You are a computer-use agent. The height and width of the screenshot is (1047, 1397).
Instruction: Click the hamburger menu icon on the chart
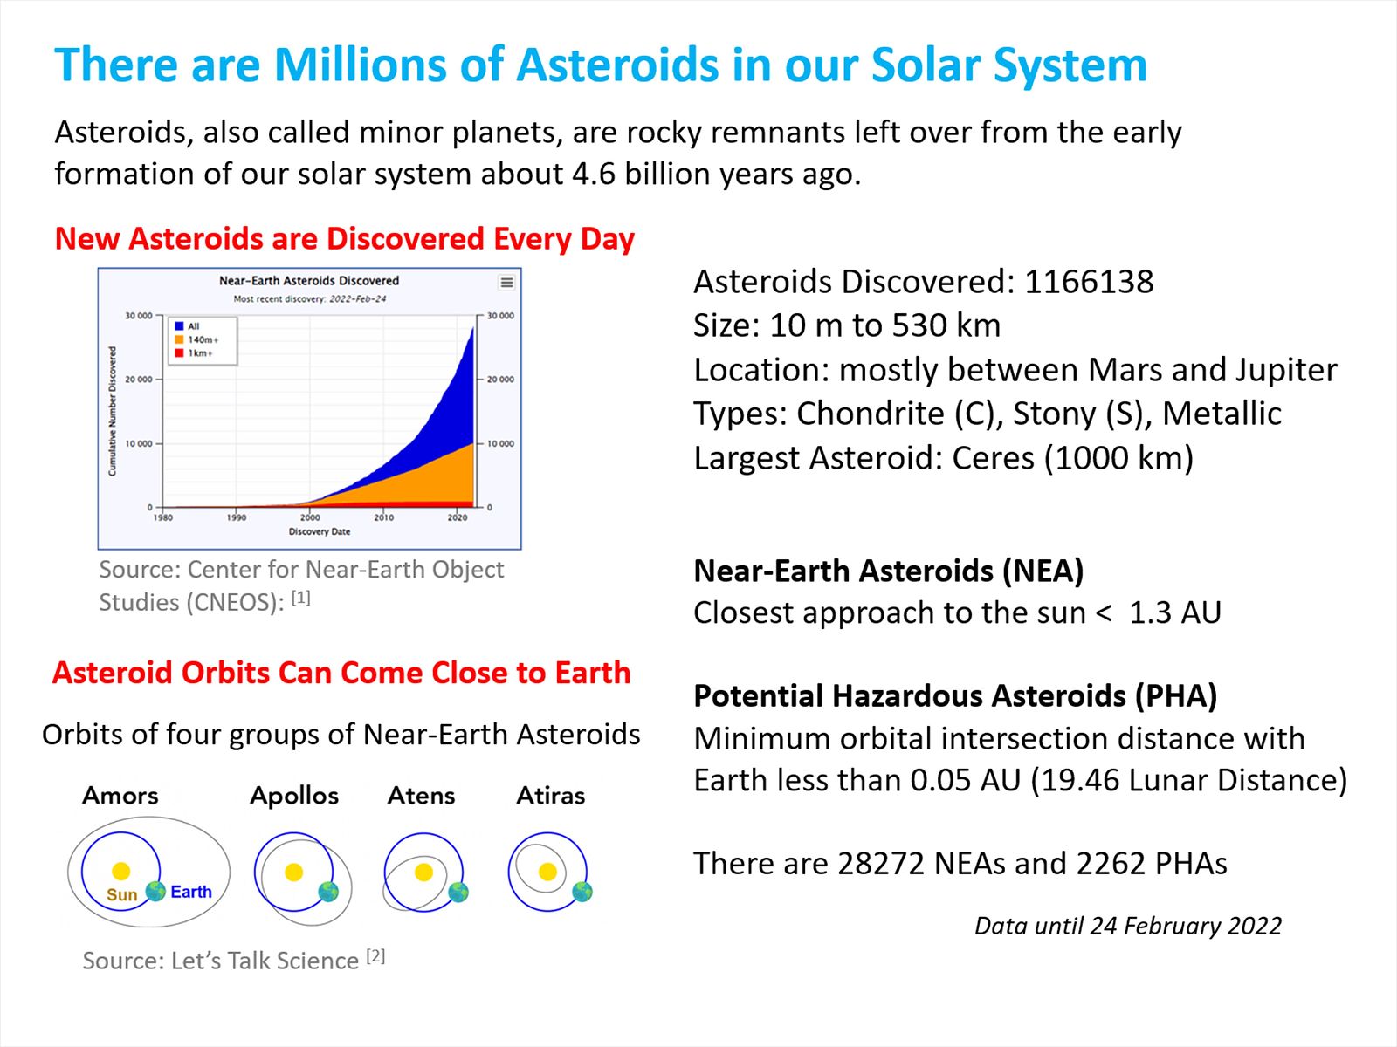pyautogui.click(x=506, y=282)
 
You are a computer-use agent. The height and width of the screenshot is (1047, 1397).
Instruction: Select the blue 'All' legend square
pyautogui.click(x=180, y=326)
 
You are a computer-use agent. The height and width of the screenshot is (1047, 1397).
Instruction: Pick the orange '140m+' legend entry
pyautogui.click(x=196, y=339)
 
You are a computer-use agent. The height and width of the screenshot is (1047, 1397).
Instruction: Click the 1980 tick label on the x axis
pyautogui.click(x=163, y=517)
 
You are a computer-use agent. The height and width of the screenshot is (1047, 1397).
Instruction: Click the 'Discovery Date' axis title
pyautogui.click(x=320, y=531)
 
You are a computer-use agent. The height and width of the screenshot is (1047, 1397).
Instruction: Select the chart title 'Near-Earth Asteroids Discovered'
pyautogui.click(x=309, y=280)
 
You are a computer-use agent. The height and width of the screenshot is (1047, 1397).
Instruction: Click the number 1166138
pyautogui.click(x=1089, y=282)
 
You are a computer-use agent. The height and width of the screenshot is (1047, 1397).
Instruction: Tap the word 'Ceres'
pyautogui.click(x=993, y=458)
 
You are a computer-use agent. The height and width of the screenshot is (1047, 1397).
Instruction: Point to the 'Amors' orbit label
pyautogui.click(x=120, y=795)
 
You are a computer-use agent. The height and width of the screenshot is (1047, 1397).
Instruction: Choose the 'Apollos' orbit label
pyautogui.click(x=294, y=796)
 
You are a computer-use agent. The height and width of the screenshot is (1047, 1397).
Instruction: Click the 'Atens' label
pyautogui.click(x=422, y=795)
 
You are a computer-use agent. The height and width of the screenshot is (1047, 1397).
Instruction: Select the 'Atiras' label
pyautogui.click(x=551, y=795)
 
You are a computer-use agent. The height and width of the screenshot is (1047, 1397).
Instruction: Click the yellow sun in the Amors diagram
pyautogui.click(x=120, y=870)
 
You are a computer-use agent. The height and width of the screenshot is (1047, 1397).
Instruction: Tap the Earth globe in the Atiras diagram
pyautogui.click(x=582, y=892)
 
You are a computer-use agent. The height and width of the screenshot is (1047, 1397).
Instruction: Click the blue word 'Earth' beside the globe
pyautogui.click(x=191, y=892)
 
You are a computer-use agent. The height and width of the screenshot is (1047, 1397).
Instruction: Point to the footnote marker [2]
pyautogui.click(x=376, y=956)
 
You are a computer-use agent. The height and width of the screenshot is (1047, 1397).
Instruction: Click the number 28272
pyautogui.click(x=881, y=864)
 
